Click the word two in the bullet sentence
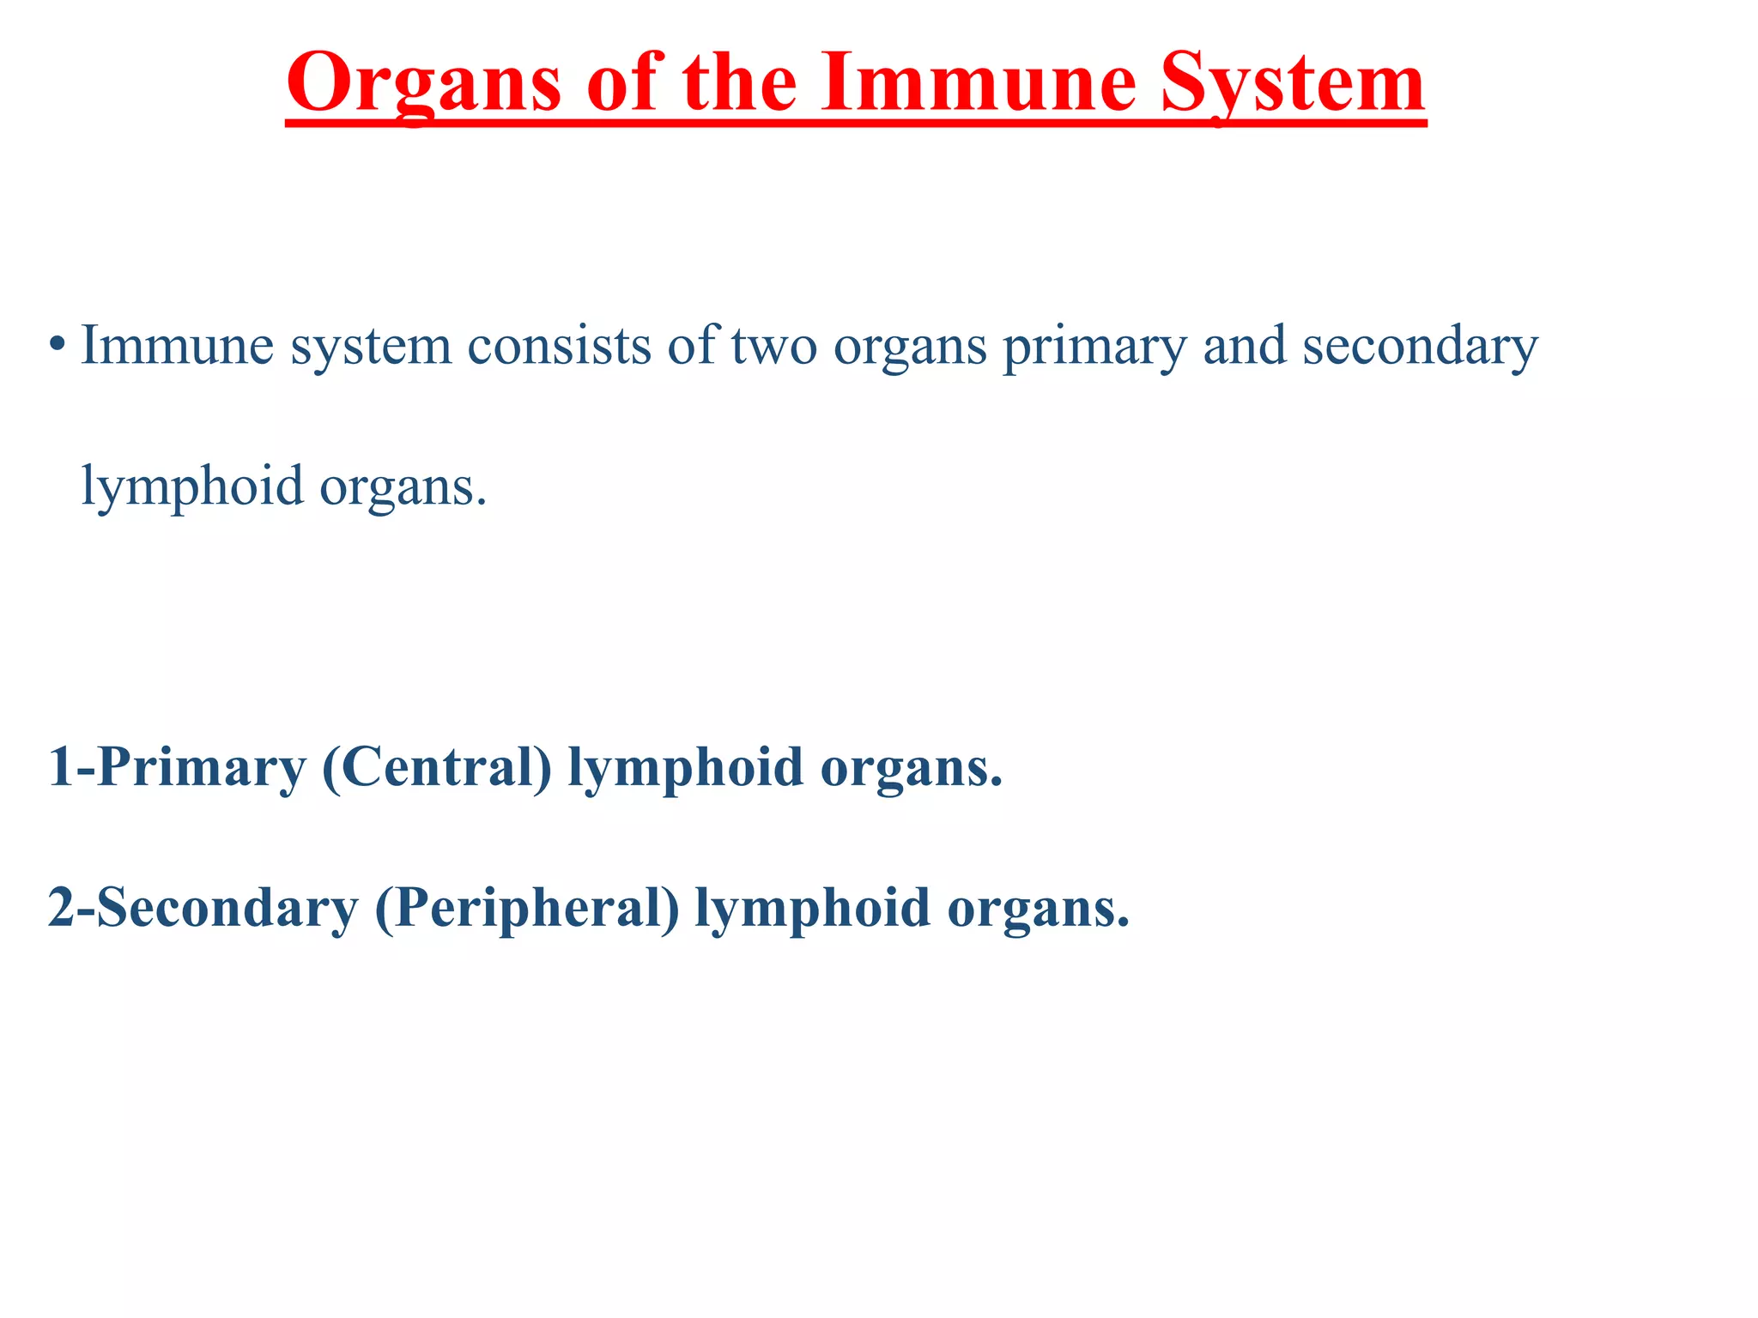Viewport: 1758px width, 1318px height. click(x=773, y=346)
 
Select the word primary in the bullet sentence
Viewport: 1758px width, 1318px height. click(x=1094, y=346)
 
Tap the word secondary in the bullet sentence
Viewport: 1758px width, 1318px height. click(x=1420, y=346)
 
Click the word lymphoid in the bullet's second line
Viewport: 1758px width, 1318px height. click(x=192, y=486)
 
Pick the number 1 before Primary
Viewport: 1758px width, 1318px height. click(x=61, y=766)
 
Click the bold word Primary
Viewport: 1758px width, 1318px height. click(x=202, y=766)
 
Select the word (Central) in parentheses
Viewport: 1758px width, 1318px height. click(x=437, y=766)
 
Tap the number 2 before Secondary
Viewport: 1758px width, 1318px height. click(x=61, y=907)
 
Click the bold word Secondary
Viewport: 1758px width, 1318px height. click(x=227, y=907)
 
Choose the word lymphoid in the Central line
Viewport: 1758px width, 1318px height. click(x=685, y=766)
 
